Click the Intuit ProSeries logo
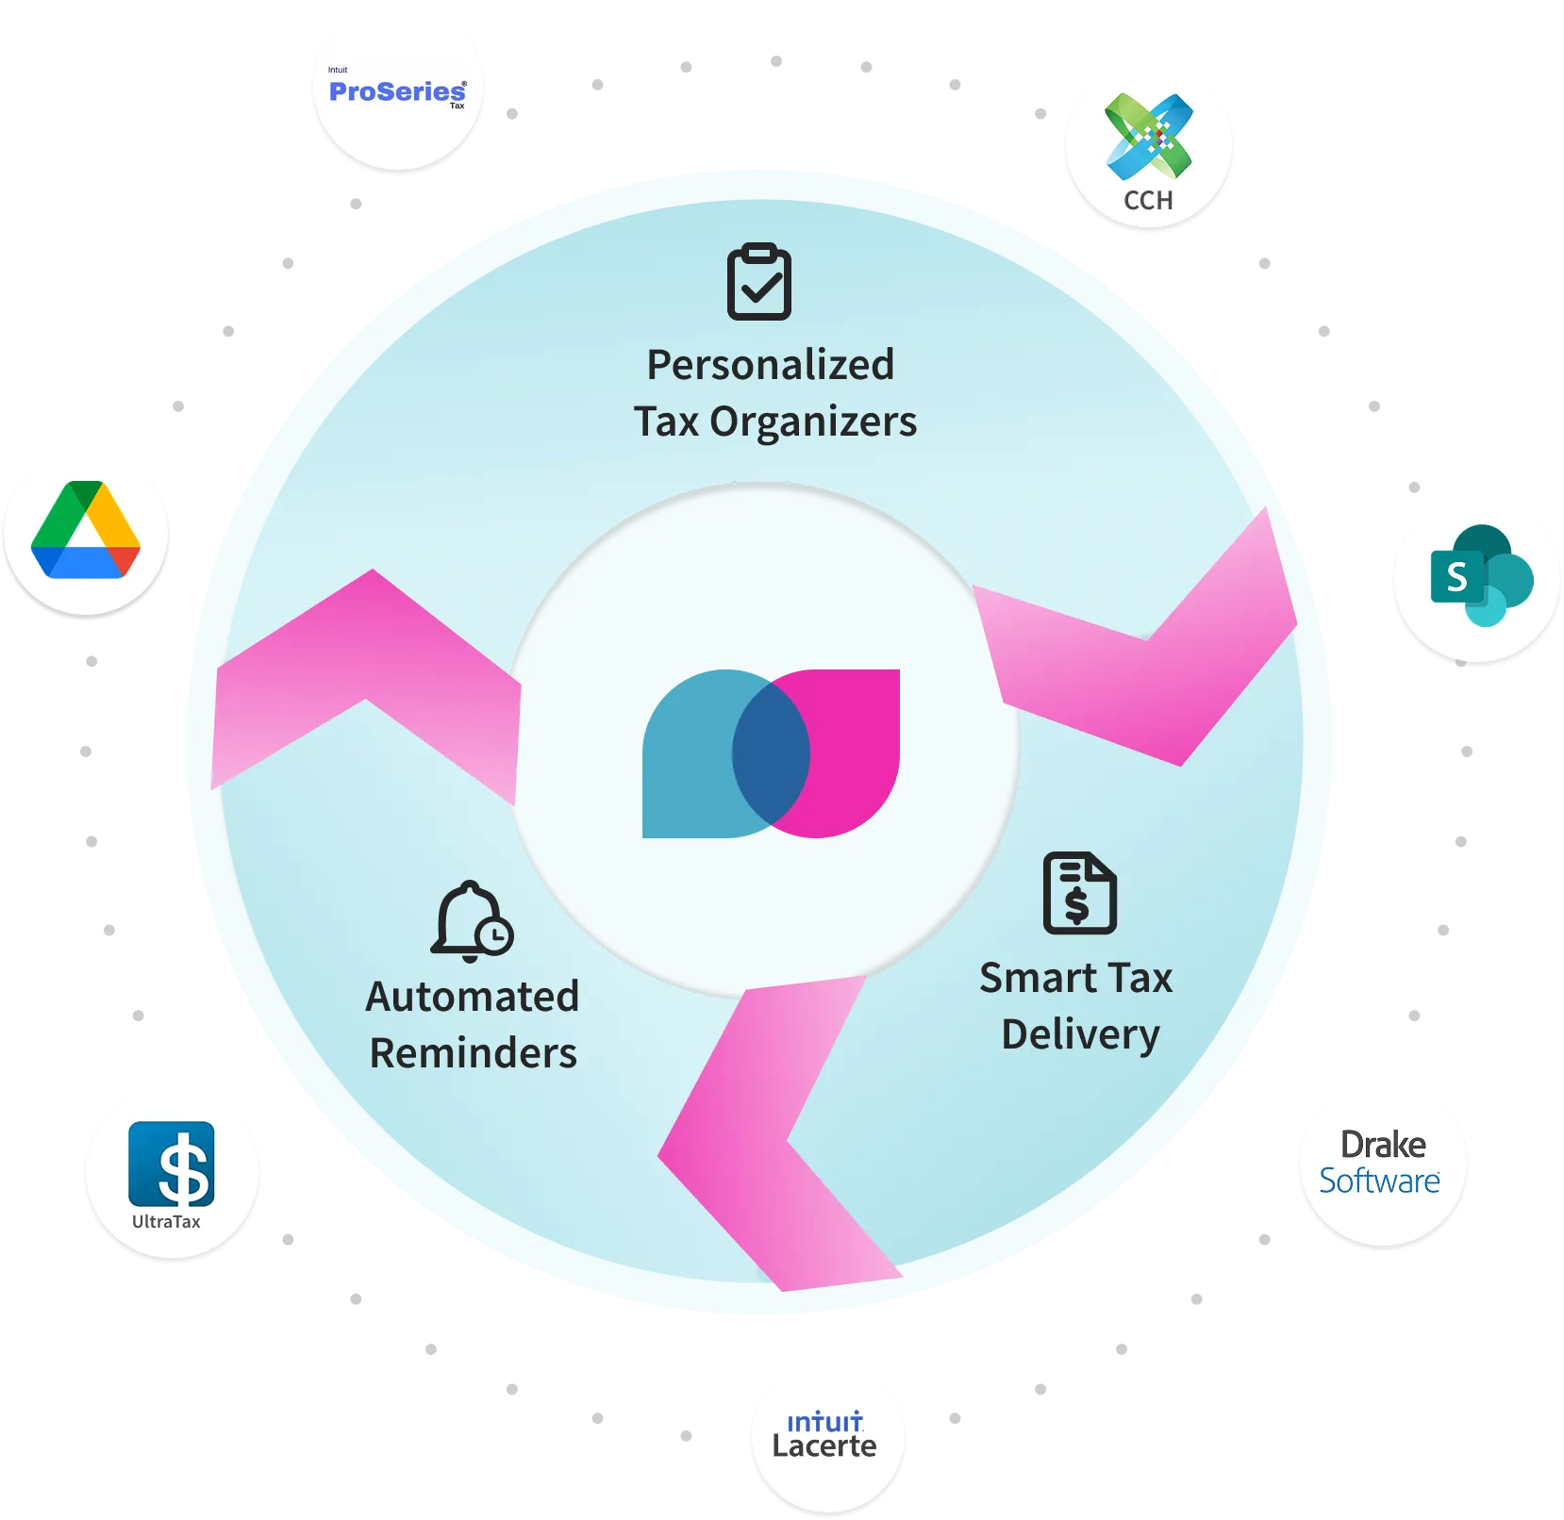[x=397, y=91]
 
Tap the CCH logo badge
[x=1149, y=147]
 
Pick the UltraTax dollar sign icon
[x=172, y=1165]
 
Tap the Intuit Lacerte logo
[x=825, y=1435]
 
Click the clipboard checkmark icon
[x=758, y=282]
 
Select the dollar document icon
[x=1079, y=893]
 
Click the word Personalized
[x=770, y=365]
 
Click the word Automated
[x=472, y=997]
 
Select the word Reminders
[x=473, y=1053]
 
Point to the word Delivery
[x=1080, y=1034]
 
